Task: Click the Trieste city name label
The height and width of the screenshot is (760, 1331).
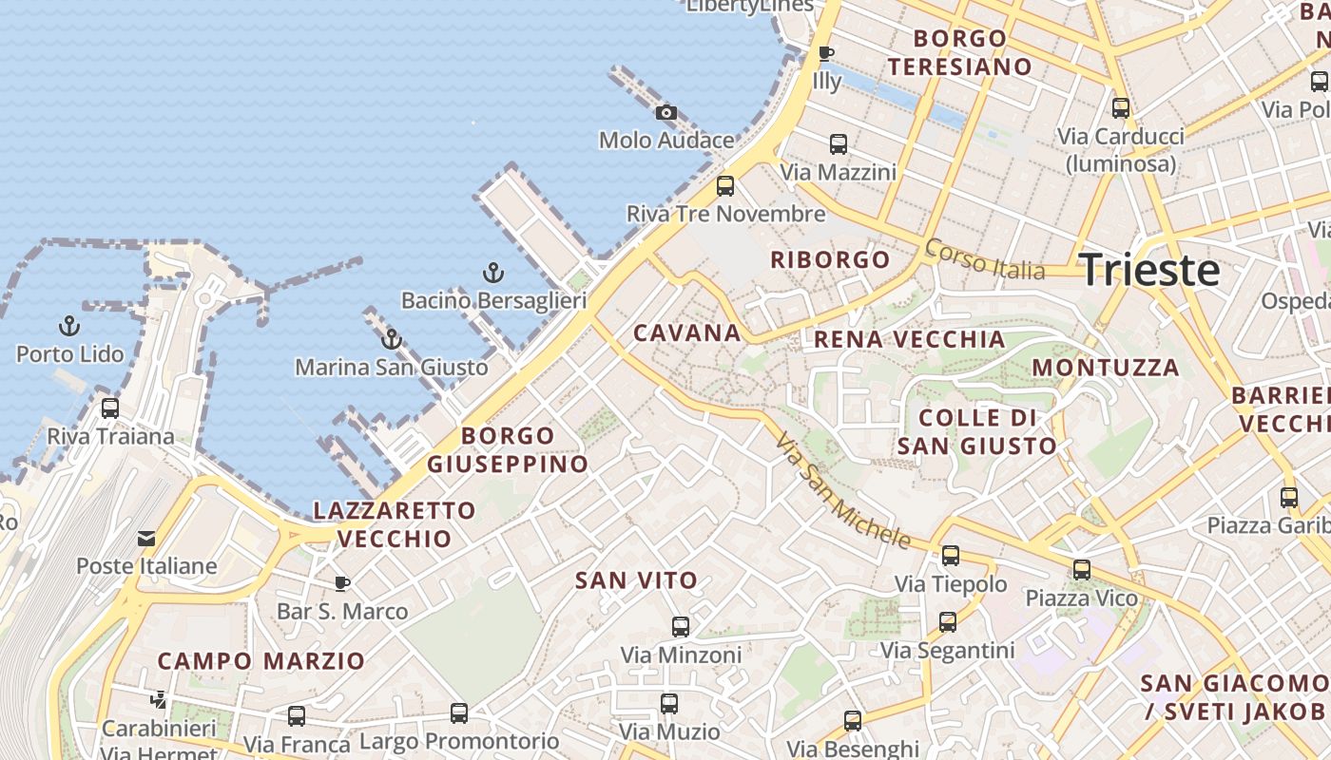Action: tap(1150, 271)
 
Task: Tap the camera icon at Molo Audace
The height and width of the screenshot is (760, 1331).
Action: tap(666, 113)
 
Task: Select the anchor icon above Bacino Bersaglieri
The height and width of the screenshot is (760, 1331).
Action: tap(492, 274)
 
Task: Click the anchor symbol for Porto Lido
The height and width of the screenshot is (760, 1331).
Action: tap(69, 327)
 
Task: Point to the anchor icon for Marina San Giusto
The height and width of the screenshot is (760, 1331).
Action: tap(391, 339)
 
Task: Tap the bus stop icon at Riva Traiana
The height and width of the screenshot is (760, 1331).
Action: tap(110, 408)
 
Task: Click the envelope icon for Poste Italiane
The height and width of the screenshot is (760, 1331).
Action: tap(146, 539)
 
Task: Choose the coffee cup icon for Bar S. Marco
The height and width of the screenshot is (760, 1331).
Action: tap(342, 583)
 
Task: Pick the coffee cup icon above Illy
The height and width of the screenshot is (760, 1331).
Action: tap(826, 53)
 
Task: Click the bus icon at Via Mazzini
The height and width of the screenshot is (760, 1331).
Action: tap(838, 144)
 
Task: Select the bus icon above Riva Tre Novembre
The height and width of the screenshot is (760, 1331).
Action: tap(725, 185)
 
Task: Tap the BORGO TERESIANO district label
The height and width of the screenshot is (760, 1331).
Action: tap(959, 52)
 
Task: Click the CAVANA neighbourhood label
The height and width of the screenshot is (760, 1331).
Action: tap(686, 332)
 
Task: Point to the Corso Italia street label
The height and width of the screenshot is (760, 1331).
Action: tap(984, 258)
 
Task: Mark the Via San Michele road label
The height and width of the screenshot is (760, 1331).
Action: tap(842, 491)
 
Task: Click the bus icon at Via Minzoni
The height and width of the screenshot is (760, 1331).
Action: tap(681, 626)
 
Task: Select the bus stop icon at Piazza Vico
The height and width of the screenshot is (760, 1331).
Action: tap(1081, 570)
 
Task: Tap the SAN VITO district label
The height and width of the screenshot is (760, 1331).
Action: tap(636, 579)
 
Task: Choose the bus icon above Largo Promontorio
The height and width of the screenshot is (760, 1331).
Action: tap(459, 712)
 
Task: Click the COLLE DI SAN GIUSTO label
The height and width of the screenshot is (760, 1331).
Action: tap(977, 431)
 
